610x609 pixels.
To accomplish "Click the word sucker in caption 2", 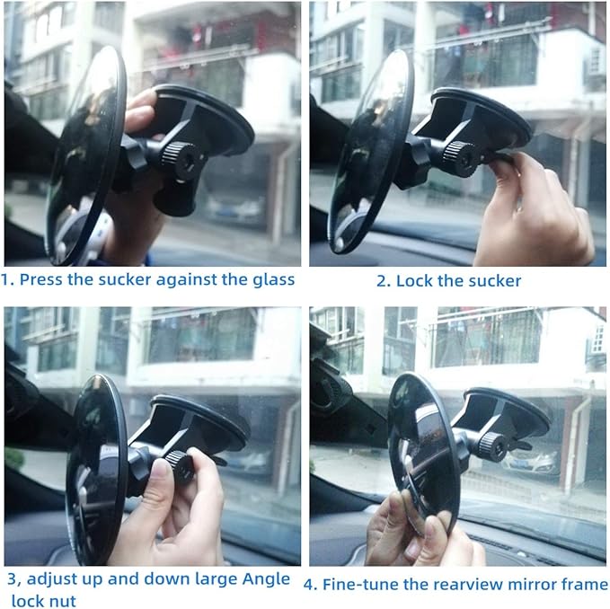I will (x=492, y=281).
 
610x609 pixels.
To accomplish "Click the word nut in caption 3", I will (x=61, y=599).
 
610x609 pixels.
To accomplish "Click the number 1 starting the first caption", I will (x=6, y=279).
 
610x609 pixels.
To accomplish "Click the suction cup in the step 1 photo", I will (x=211, y=117).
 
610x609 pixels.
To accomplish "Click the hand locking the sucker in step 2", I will (x=535, y=211).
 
